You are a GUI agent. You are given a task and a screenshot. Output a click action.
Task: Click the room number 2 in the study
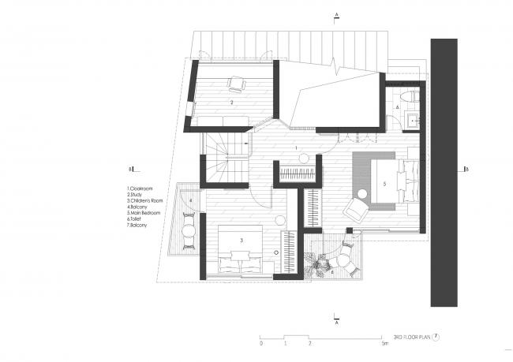[x=231, y=103]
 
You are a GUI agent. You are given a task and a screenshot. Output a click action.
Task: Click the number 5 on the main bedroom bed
[x=384, y=184]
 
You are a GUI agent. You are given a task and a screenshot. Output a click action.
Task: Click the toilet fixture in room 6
[x=406, y=97]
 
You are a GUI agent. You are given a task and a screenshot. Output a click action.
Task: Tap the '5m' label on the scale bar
[x=384, y=345]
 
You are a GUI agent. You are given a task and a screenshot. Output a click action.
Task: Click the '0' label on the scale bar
[x=260, y=345]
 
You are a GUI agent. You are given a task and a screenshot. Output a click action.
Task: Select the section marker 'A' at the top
[x=336, y=15]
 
